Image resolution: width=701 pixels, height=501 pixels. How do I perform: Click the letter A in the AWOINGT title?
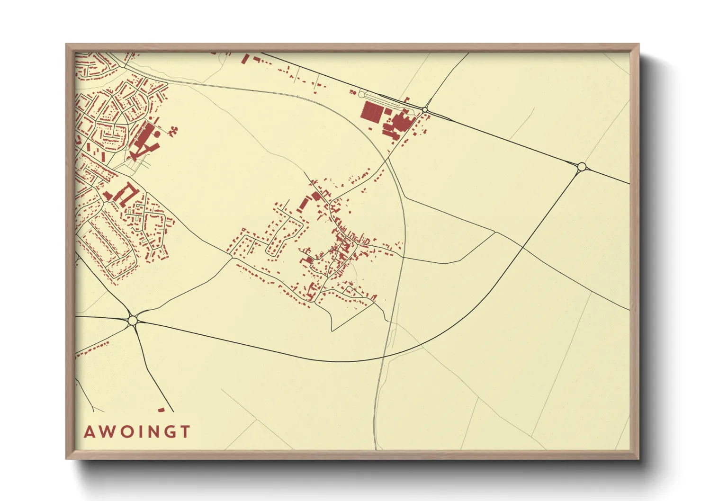pos(89,432)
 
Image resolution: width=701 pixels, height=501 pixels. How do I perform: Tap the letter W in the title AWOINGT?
pos(107,432)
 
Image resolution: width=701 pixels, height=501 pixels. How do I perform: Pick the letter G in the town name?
pos(168,432)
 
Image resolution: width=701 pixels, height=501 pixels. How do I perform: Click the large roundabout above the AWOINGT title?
pos(133,321)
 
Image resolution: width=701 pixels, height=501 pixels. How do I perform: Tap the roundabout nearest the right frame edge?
pos(582,166)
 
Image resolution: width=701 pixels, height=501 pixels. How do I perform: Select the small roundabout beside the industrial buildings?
pos(425,110)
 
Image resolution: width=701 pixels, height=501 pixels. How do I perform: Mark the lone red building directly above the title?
pos(161,410)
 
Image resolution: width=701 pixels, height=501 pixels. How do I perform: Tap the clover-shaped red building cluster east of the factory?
pos(174,130)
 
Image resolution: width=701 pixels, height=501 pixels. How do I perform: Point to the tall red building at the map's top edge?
pos(245,59)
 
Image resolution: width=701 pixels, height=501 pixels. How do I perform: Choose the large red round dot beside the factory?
pos(157,134)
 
